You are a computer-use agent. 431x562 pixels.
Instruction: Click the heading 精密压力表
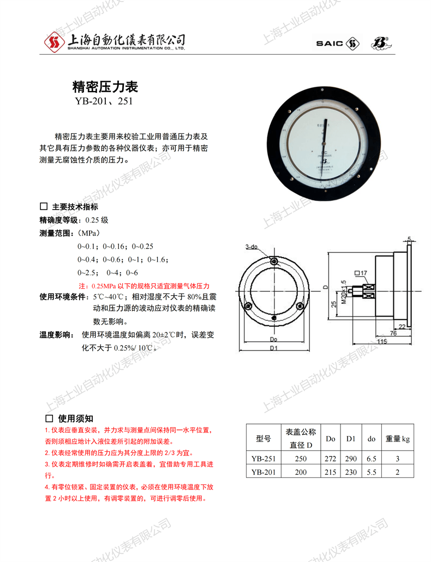tap(105, 87)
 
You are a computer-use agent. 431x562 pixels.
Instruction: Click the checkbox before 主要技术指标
tap(44, 207)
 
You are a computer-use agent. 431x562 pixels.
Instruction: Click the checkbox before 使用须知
tap(48, 418)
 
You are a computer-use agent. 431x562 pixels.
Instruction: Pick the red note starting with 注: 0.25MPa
tap(144, 286)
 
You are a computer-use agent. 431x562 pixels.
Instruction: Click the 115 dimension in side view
tap(381, 341)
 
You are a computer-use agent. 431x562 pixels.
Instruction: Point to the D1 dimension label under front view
tap(274, 348)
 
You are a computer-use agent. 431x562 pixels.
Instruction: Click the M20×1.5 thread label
tap(343, 292)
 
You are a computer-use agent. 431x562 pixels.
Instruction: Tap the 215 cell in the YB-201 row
tap(331, 473)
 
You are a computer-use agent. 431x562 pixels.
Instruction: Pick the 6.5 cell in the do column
tap(372, 459)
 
